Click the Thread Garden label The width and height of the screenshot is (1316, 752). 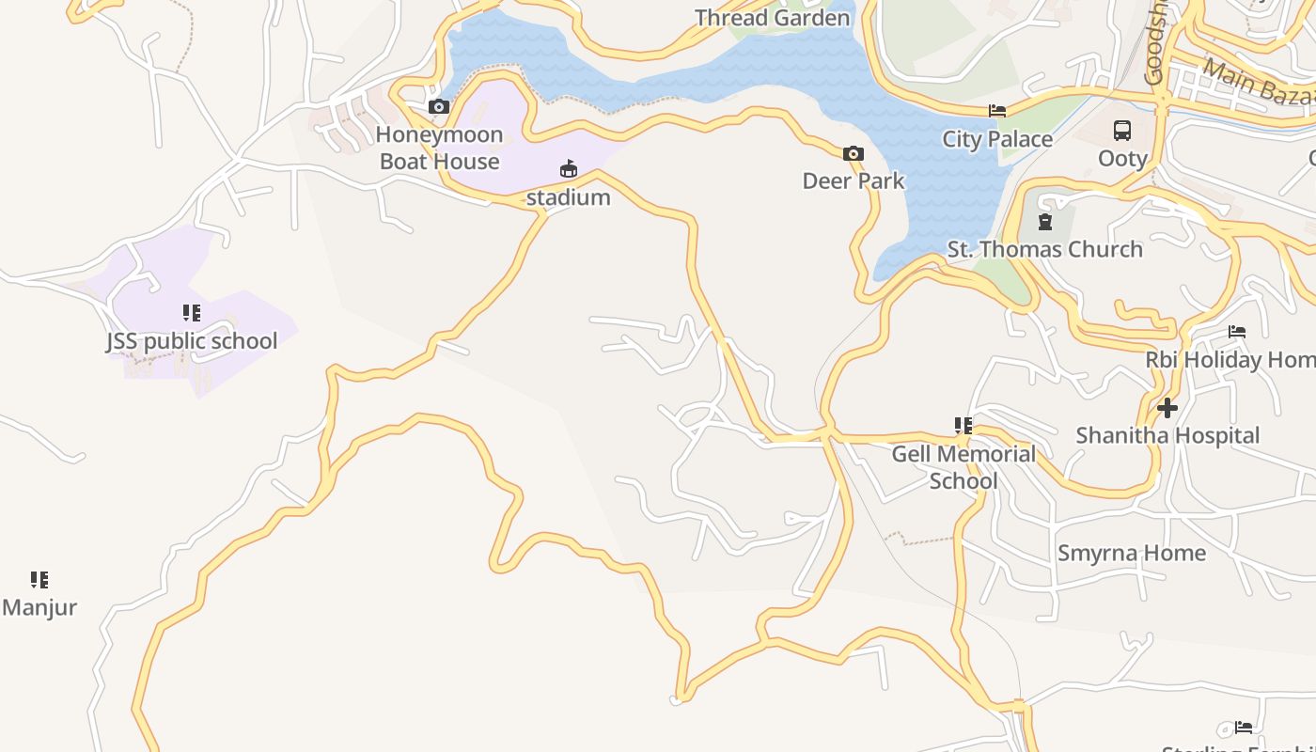tap(772, 18)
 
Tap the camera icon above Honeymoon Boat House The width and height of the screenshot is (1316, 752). tap(439, 107)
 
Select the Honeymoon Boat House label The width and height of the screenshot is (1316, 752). tap(439, 149)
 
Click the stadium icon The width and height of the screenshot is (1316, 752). tap(568, 170)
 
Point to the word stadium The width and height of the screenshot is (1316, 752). tap(568, 197)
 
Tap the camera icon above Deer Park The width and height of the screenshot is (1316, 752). tap(853, 153)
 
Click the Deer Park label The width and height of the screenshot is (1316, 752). tap(853, 180)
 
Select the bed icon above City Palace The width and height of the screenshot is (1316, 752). tap(997, 111)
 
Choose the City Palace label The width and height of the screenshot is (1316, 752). tap(997, 139)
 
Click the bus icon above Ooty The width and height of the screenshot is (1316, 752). tap(1122, 131)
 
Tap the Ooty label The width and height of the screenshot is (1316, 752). tap(1122, 158)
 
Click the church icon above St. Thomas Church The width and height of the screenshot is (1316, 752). tap(1044, 222)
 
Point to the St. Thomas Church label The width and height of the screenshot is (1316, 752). tap(1044, 249)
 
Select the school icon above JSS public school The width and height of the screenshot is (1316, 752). tap(192, 312)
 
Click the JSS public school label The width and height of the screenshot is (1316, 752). tap(192, 340)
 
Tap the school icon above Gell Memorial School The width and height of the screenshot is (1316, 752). tap(963, 426)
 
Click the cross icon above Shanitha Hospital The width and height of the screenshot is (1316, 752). tap(1167, 408)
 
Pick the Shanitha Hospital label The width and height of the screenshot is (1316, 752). tap(1167, 435)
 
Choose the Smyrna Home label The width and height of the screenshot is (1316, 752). tap(1131, 553)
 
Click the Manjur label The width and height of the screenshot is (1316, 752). tap(39, 607)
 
